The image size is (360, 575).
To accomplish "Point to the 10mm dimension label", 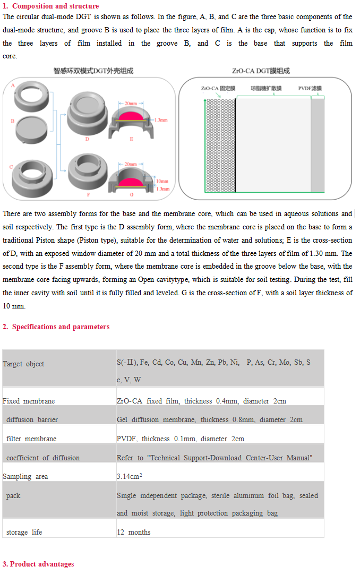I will pos(162,182).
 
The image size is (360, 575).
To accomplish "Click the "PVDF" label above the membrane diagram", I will pos(310,88).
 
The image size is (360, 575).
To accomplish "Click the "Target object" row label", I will pos(23,364).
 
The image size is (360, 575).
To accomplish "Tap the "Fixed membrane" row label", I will pos(29,401).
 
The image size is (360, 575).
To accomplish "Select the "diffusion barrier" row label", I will pos(32,420).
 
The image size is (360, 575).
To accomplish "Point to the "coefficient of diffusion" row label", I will pos(43,458).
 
